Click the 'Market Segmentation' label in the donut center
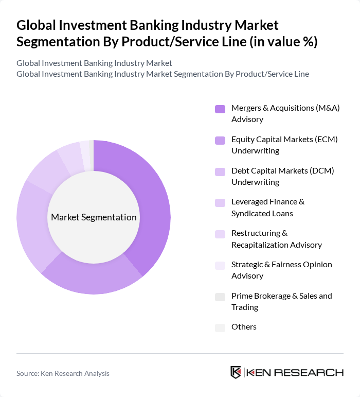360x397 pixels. (94, 217)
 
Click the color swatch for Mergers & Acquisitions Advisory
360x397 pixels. (220, 109)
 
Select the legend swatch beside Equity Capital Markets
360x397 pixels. (220, 140)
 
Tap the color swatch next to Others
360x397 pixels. (220, 327)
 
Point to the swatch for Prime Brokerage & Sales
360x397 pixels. (220, 297)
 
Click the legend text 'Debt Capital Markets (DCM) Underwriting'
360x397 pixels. (282, 176)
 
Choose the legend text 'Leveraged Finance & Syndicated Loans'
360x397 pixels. (275, 208)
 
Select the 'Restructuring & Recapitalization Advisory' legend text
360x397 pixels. (276, 239)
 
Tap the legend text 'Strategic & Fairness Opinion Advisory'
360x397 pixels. (281, 270)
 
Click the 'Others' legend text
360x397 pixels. (244, 327)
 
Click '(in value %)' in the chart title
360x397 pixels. (283, 42)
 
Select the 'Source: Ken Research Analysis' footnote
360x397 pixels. (63, 373)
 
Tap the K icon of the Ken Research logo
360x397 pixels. (236, 373)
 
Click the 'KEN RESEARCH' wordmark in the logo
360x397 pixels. (295, 373)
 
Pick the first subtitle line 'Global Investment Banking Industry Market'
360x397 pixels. (94, 63)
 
